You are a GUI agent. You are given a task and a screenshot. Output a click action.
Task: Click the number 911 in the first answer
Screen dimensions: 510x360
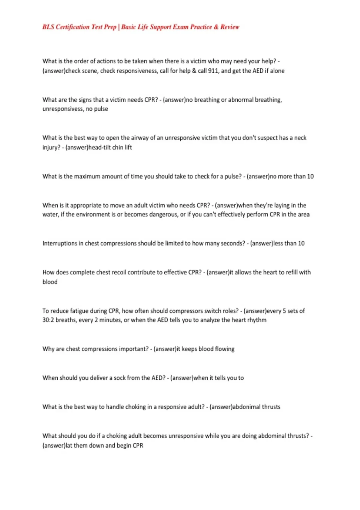point(213,71)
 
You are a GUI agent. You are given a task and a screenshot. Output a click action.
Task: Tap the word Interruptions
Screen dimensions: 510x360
point(60,243)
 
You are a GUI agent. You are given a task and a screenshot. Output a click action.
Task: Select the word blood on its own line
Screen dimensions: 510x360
point(50,282)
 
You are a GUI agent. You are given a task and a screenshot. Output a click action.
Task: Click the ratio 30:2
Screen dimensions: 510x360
point(48,320)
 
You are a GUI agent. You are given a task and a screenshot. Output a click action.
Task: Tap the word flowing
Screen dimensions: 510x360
point(225,349)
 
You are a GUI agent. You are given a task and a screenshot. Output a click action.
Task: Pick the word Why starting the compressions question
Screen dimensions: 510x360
point(48,349)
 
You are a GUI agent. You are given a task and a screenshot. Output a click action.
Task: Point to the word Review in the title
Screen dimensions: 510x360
point(230,27)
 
